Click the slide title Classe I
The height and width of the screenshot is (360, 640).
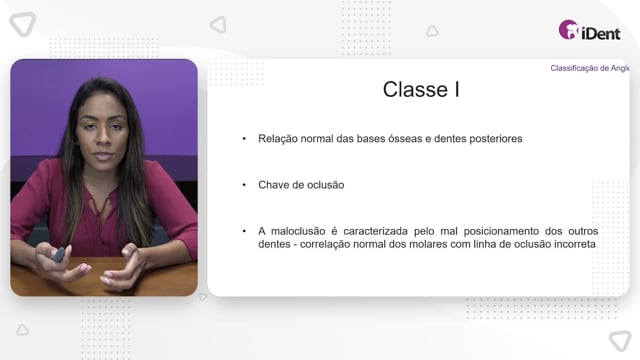tap(421, 89)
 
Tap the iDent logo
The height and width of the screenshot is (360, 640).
tap(589, 30)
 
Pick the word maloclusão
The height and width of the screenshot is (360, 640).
tap(298, 231)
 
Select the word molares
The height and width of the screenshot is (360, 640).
tap(422, 244)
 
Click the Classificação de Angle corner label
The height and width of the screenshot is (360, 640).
tap(590, 68)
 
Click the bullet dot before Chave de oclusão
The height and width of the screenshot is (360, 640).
tap(244, 185)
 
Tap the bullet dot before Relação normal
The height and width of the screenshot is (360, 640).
tap(244, 139)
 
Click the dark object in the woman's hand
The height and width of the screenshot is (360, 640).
tap(60, 255)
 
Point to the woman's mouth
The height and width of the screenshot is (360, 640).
tap(103, 155)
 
